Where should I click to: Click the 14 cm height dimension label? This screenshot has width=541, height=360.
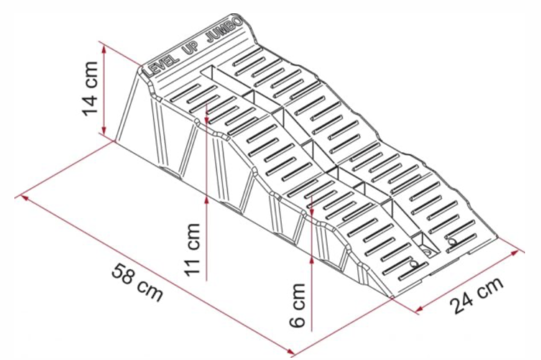(90, 89)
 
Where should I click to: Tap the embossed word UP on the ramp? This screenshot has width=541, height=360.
(192, 47)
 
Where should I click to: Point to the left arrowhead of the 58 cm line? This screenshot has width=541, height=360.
(25, 198)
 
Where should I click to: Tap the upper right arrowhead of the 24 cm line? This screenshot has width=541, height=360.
(515, 253)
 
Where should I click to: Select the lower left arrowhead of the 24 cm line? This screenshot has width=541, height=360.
(420, 309)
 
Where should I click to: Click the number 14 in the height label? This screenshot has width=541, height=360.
(90, 103)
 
